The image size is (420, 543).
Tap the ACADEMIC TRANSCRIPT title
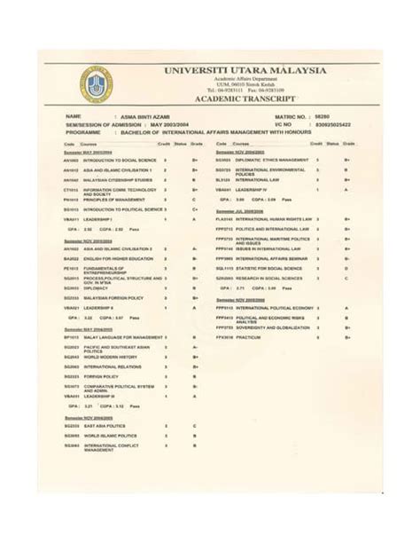(x=244, y=100)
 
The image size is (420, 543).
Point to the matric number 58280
(x=335, y=116)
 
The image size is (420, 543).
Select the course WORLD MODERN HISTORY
(x=110, y=357)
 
